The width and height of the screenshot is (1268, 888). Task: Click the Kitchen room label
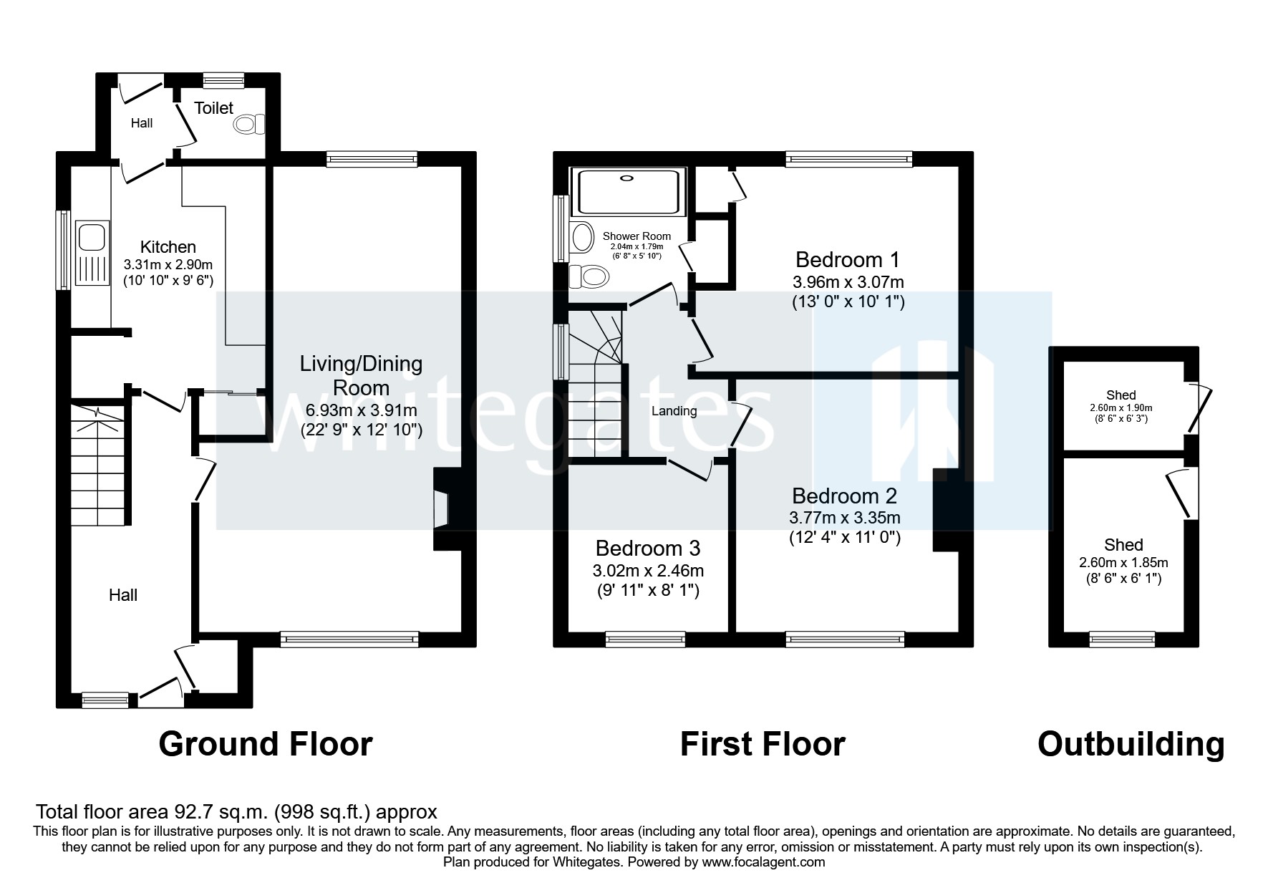tap(168, 247)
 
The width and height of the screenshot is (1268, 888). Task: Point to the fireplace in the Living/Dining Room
tap(442, 509)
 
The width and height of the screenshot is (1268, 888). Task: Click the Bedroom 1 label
tap(847, 259)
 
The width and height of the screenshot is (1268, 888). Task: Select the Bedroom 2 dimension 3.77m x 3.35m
tap(845, 517)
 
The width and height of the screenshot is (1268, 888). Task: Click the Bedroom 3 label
tap(647, 549)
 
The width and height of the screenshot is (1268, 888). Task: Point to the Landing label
tap(674, 411)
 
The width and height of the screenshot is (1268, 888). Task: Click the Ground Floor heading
tap(265, 744)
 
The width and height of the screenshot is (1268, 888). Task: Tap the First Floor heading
tap(762, 744)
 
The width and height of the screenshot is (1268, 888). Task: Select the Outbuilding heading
tap(1131, 744)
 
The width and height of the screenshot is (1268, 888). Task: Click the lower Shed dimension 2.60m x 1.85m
tap(1123, 563)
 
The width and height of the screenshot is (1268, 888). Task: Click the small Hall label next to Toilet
tap(142, 123)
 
